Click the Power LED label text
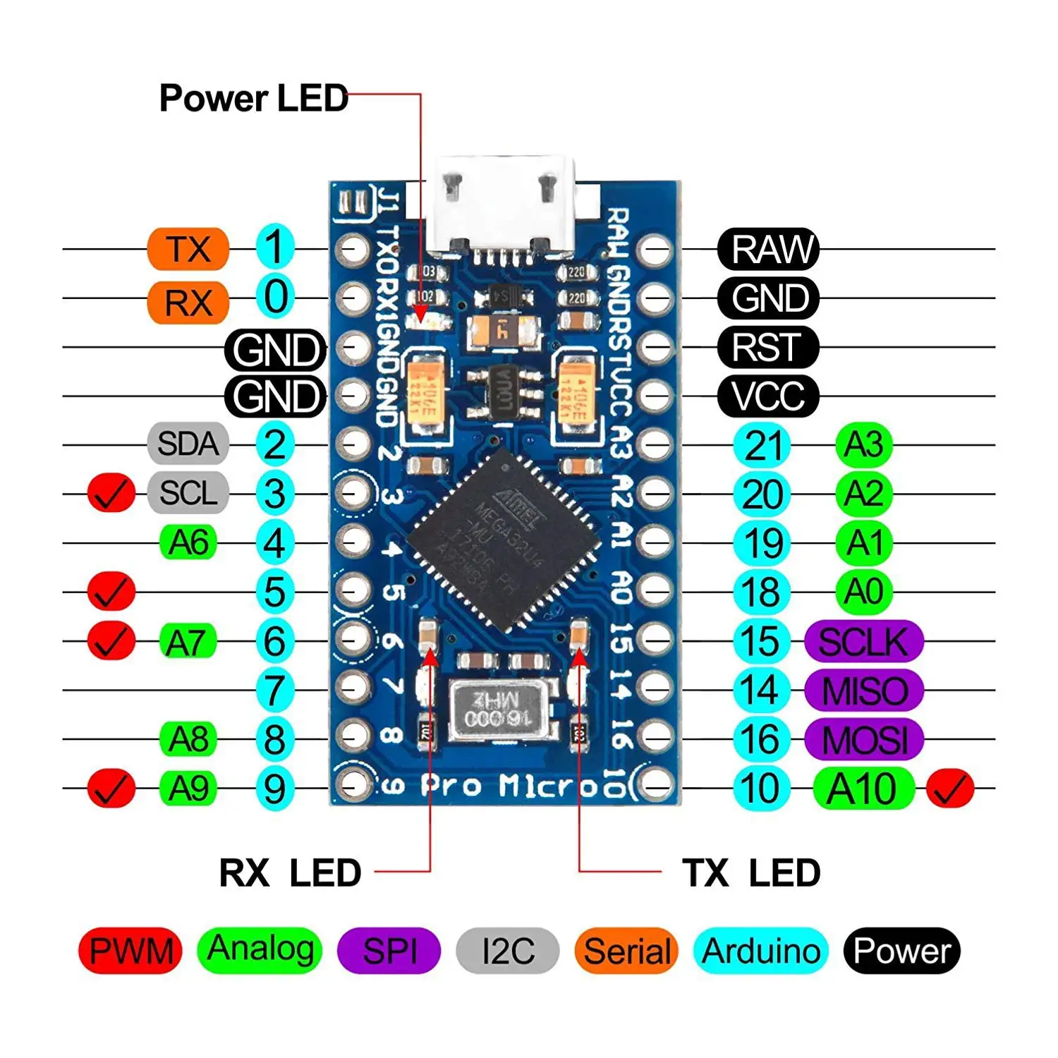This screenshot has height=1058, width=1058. tap(253, 98)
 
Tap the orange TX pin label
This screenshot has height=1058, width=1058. tap(188, 249)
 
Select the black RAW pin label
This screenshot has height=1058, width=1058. tap(768, 249)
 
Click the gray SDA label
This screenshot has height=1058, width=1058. tap(188, 444)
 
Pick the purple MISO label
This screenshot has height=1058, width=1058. tap(864, 690)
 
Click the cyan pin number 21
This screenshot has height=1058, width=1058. tap(762, 445)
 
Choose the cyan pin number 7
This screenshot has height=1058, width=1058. tap(274, 690)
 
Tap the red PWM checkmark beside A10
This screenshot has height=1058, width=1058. tap(949, 788)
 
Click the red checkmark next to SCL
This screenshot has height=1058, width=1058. tap(111, 493)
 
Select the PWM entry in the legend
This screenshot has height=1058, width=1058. tap(130, 951)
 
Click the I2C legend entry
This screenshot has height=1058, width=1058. tap(508, 951)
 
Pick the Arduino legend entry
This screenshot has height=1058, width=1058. tap(761, 951)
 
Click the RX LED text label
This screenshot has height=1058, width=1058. tap(290, 873)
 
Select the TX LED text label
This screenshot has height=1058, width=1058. tap(750, 873)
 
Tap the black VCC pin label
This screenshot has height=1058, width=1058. tap(768, 396)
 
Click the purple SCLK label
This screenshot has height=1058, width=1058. tap(864, 641)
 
